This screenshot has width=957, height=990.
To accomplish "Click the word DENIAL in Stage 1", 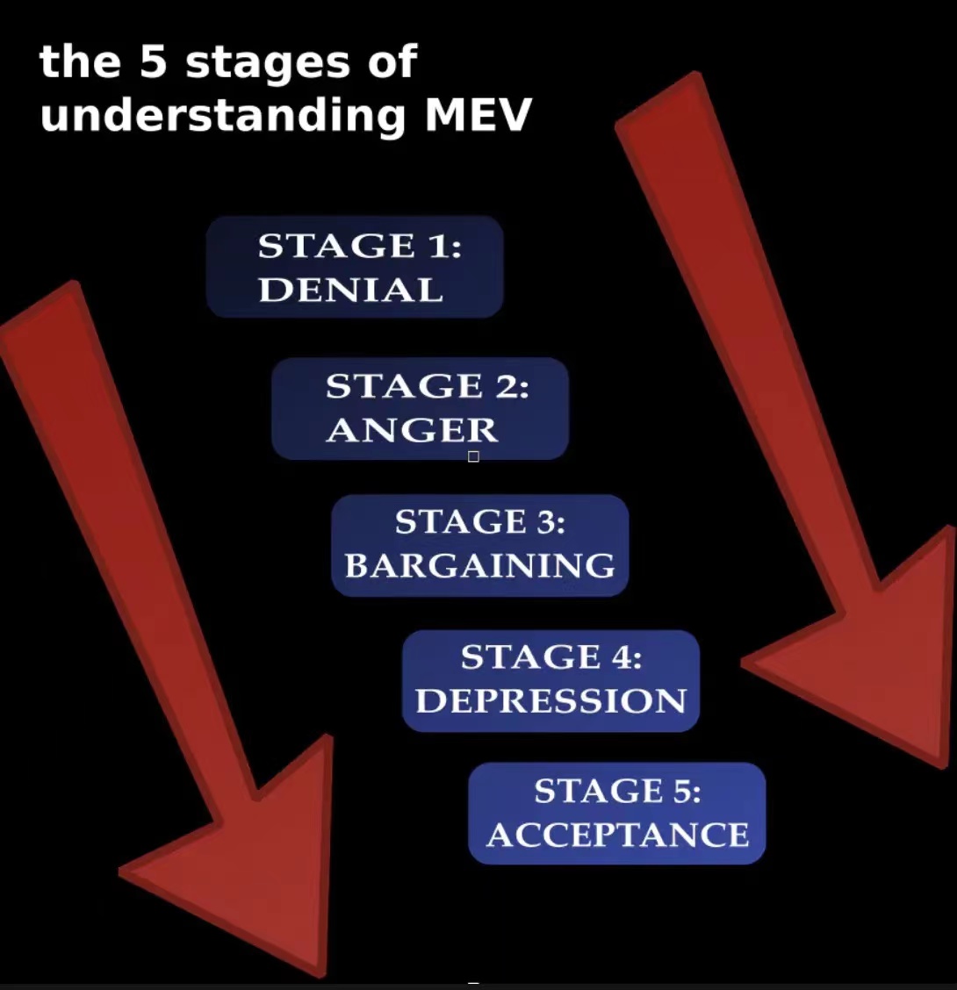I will pyautogui.click(x=350, y=291).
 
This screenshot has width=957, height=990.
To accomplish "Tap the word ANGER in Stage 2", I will pyautogui.click(x=412, y=430).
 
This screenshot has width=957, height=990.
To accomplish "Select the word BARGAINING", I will pyautogui.click(x=479, y=566).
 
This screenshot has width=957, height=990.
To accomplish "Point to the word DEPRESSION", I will pyautogui.click(x=550, y=701).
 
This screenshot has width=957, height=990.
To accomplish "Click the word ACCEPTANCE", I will pyautogui.click(x=617, y=835).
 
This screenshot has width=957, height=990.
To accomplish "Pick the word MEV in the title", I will pyautogui.click(x=478, y=115).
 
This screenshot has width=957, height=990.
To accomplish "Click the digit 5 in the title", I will pyautogui.click(x=153, y=63).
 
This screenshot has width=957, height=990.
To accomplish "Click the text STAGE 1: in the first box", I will pyautogui.click(x=359, y=247).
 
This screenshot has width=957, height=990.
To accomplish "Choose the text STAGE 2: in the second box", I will pyautogui.click(x=427, y=386).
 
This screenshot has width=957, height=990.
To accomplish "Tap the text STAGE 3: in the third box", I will pyautogui.click(x=479, y=522).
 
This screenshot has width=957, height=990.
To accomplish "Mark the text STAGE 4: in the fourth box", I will pyautogui.click(x=550, y=657).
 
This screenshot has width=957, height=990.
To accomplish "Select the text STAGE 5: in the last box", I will pyautogui.click(x=617, y=792).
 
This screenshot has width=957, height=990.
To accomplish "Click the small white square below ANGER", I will pyautogui.click(x=473, y=456).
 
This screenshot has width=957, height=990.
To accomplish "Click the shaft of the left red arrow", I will pyautogui.click(x=114, y=527).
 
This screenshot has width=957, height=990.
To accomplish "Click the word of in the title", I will pyautogui.click(x=392, y=63).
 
